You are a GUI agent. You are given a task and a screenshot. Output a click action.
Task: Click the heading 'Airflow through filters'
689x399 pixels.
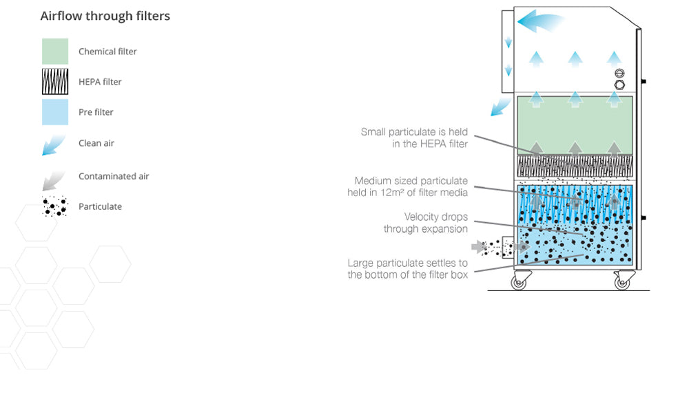(105, 16)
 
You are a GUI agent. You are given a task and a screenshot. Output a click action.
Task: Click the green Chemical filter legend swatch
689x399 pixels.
(55, 52)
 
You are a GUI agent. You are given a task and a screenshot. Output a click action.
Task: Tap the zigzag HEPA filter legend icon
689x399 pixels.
(55, 82)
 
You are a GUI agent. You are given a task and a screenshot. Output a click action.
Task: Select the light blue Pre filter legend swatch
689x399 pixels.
(55, 112)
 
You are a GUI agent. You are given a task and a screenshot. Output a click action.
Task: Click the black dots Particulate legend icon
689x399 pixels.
(55, 206)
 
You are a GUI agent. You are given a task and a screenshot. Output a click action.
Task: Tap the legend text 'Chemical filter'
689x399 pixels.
(107, 52)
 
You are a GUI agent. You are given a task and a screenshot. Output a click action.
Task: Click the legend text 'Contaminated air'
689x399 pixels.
(114, 176)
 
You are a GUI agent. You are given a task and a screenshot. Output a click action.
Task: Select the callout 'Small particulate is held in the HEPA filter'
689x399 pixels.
(414, 138)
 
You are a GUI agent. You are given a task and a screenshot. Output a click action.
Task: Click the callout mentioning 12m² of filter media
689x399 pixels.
(408, 187)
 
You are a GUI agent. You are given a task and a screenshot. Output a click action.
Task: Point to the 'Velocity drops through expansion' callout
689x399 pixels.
(426, 223)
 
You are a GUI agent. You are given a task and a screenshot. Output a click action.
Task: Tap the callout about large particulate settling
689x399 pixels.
(408, 269)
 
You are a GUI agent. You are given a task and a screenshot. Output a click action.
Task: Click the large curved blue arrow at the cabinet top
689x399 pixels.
(538, 21)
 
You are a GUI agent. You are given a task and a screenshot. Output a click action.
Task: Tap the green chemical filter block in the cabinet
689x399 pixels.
(575, 125)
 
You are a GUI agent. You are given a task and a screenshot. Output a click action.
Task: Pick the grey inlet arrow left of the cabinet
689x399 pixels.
(478, 246)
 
